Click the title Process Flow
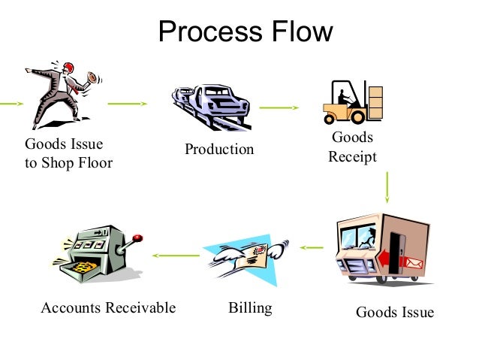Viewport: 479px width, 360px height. [246, 32]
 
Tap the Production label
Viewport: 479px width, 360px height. [219, 150]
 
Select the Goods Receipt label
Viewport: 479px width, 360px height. [352, 147]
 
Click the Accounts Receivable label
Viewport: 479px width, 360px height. [108, 308]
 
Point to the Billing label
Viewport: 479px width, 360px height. [250, 308]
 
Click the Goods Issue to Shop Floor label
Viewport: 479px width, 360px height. [68, 153]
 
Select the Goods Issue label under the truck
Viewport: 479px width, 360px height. [394, 312]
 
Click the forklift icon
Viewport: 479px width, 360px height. [353, 102]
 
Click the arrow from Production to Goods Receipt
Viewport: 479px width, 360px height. [279, 107]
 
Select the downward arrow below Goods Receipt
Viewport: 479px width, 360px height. [387, 187]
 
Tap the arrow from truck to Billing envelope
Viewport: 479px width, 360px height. [311, 247]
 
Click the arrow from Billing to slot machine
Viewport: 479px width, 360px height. [176, 256]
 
